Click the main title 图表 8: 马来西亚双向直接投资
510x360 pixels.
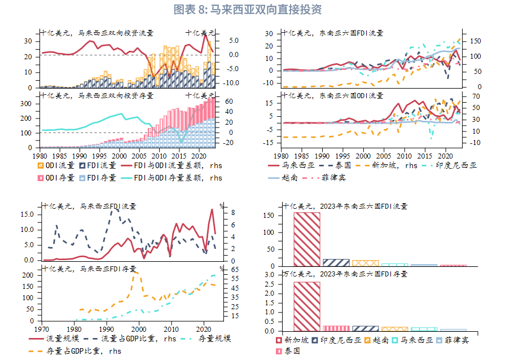(x=248, y=10)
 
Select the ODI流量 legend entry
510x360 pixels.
(x=56, y=165)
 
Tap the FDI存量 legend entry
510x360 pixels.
(x=98, y=178)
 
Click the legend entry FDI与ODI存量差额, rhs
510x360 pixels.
(x=172, y=178)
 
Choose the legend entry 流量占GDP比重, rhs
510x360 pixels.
(x=130, y=339)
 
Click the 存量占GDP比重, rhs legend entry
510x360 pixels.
(x=75, y=351)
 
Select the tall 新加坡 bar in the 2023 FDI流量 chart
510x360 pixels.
(x=307, y=239)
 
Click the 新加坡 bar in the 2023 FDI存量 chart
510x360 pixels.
(x=307, y=306)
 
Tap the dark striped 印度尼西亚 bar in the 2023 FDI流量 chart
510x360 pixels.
(x=336, y=263)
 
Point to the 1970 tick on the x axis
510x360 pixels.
(x=41, y=329)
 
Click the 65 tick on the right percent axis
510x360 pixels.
(x=235, y=270)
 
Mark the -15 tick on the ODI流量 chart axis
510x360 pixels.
(x=269, y=143)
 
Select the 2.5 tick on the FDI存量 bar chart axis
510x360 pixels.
(x=269, y=284)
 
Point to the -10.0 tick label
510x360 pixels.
(x=231, y=83)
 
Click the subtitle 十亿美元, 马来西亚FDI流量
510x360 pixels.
(x=89, y=206)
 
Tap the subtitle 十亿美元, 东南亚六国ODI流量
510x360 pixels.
(x=332, y=95)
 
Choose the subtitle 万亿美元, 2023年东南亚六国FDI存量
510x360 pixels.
(x=345, y=274)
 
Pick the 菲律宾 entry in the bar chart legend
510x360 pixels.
(x=452, y=340)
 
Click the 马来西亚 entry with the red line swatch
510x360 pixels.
(x=292, y=165)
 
